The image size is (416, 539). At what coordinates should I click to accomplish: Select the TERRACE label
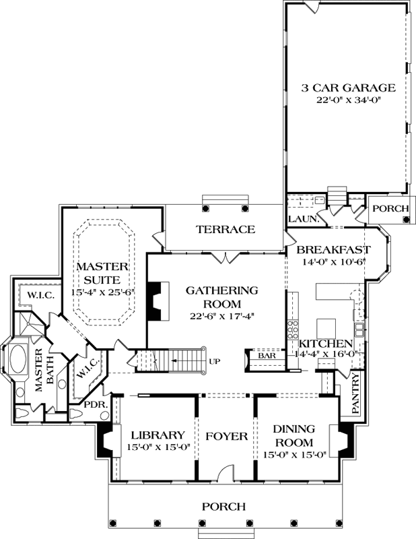(226, 230)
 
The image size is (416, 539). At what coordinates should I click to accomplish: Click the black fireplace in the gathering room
(155, 300)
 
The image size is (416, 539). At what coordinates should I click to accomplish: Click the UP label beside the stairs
(215, 362)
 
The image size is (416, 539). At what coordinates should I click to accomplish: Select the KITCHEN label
(325, 344)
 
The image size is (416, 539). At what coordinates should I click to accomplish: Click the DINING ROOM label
(295, 437)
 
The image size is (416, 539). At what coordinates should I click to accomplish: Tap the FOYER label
(226, 436)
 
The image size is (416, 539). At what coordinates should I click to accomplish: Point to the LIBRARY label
(158, 435)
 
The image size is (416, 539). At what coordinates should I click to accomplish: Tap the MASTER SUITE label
(98, 273)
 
